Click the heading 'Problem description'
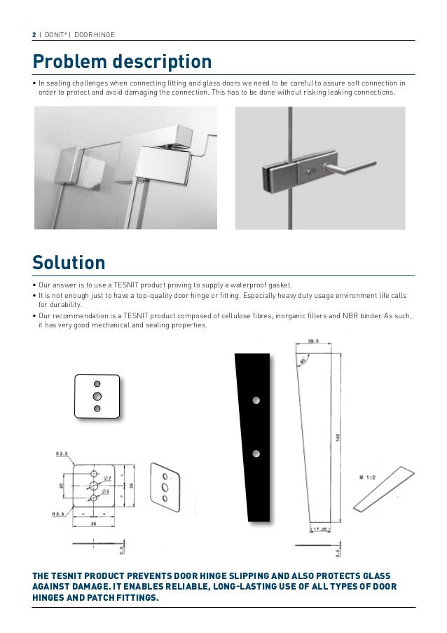click(122, 62)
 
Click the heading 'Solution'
click(69, 263)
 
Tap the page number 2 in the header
click(34, 34)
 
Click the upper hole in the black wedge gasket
click(256, 400)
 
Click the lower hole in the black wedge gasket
click(256, 454)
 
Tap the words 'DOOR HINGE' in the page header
click(95, 34)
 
